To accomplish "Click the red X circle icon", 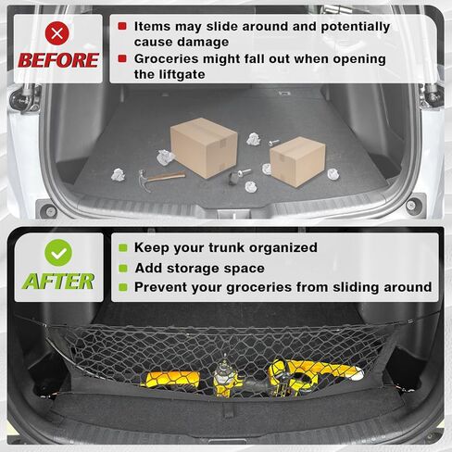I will pyautogui.click(x=58, y=33).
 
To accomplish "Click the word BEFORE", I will pyautogui.click(x=58, y=60).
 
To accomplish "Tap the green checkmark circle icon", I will pyautogui.click(x=58, y=253).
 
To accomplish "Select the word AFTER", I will pyautogui.click(x=58, y=281).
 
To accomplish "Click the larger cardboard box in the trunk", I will pyautogui.click(x=204, y=144).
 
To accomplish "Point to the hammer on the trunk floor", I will pyautogui.click(x=158, y=175).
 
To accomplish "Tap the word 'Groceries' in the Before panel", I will pyautogui.click(x=169, y=59).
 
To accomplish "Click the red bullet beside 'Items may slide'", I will pyautogui.click(x=122, y=27).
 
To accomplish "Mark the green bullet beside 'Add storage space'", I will pyautogui.click(x=122, y=268).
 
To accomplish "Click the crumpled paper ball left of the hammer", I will pyautogui.click(x=118, y=174).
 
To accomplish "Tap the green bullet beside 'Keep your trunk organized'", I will pyautogui.click(x=122, y=247).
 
